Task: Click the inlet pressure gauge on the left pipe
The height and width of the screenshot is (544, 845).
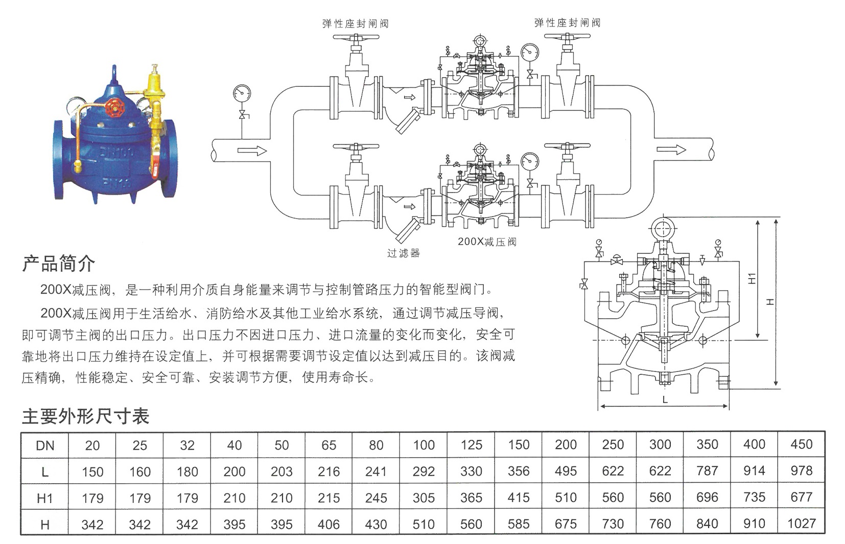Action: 242,93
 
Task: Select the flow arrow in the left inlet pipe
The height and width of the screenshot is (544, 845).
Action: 252,151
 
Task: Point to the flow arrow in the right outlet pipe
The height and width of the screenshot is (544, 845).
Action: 671,150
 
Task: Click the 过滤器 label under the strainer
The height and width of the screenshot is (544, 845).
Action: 403,253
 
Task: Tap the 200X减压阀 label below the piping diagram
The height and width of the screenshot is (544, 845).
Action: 487,242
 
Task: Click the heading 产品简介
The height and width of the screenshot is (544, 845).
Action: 58,264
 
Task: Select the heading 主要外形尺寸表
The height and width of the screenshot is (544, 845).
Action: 86,416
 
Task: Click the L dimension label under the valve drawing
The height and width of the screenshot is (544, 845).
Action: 665,399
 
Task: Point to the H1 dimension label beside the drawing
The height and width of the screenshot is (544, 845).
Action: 752,278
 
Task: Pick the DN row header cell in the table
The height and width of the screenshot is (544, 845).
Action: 45,445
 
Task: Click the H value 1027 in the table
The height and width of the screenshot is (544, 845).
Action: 802,524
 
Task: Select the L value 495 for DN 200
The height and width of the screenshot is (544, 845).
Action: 566,471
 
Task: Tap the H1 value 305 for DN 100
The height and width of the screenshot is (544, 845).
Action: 424,498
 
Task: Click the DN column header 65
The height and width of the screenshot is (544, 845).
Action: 328,445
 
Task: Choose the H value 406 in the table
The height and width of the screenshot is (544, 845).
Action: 328,525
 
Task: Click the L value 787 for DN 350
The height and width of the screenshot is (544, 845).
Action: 707,471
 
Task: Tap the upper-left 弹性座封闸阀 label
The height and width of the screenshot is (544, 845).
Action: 356,24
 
